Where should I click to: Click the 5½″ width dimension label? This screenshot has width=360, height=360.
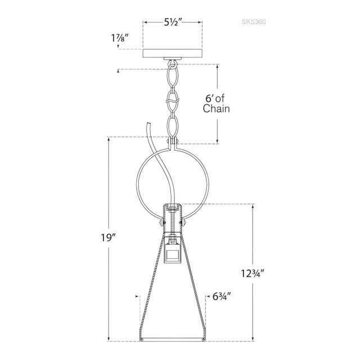pos(173,22)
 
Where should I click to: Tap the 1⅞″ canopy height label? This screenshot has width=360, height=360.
pos(120,38)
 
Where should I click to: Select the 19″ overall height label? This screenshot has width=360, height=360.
pos(108,237)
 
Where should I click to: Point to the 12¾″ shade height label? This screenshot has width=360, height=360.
pos(253,273)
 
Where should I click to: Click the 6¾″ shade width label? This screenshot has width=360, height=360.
pos(221,297)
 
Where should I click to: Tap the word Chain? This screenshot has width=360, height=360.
pos(216,109)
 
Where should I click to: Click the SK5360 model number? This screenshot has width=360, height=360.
pos(254,22)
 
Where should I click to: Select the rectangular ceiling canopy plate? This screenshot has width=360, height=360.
pos(173,53)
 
